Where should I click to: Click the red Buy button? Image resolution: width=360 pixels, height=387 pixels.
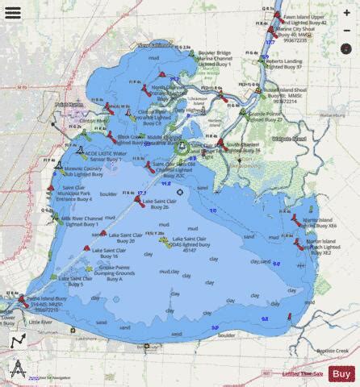(341, 373)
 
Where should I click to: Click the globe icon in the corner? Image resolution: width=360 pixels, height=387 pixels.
(16, 370)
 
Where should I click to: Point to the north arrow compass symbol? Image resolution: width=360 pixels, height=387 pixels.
(17, 342)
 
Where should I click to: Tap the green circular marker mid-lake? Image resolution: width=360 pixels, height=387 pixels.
(182, 147)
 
